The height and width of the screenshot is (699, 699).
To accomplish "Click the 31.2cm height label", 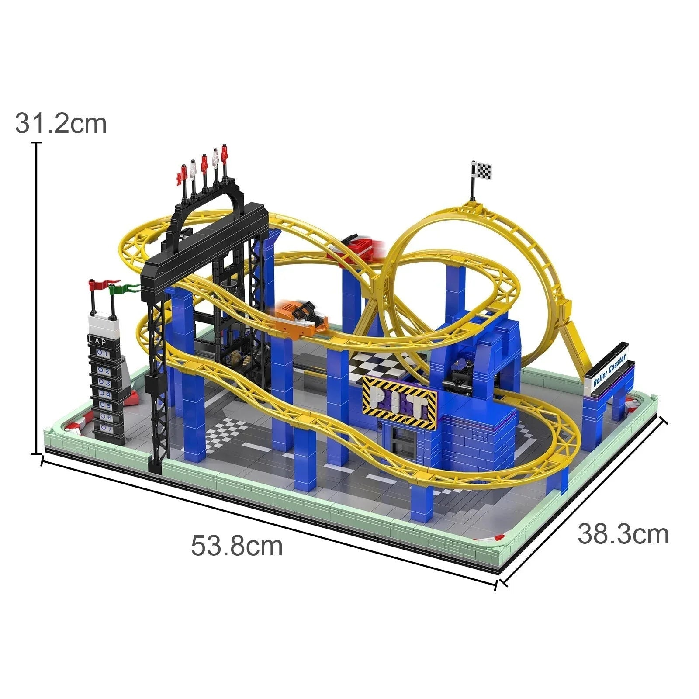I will tap(61, 124).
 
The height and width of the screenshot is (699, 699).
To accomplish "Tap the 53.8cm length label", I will tap(237, 546).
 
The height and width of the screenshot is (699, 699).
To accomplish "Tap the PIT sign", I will tap(399, 402).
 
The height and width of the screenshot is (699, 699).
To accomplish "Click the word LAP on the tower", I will tap(97, 340).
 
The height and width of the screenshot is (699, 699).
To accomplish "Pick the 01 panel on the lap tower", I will tap(102, 353).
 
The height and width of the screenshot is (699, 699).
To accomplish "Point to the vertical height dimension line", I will tap(36, 297).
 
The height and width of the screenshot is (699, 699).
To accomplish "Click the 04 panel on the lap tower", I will tap(104, 394).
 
